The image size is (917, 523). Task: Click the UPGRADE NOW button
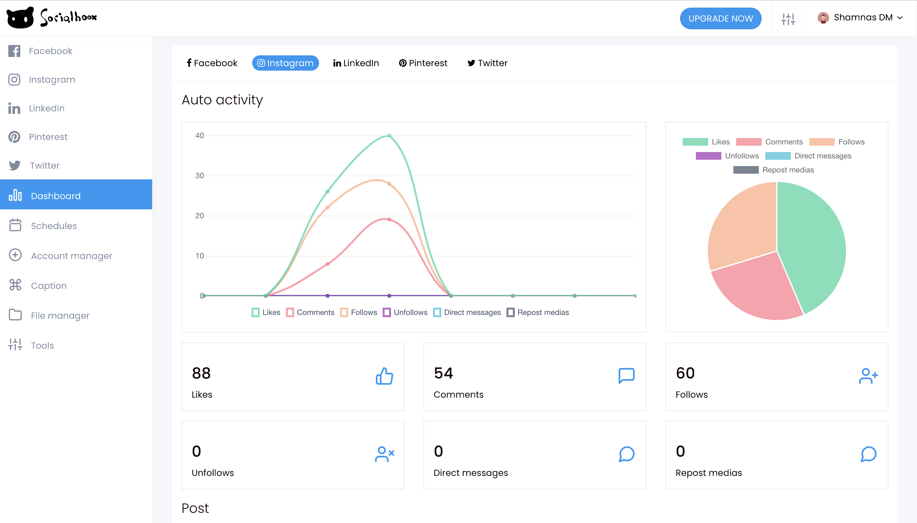click(720, 18)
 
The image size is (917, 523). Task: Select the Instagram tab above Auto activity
click(285, 63)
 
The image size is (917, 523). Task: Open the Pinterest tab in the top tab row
click(423, 63)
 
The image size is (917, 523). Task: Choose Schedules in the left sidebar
click(53, 226)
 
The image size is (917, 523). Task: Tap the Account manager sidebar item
click(71, 256)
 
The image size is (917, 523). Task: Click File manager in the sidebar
click(60, 315)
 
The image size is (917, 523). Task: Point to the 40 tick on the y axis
click(200, 136)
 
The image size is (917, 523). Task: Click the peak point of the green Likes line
click(389, 136)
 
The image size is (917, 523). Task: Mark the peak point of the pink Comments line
click(389, 220)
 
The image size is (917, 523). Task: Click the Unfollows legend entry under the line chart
click(405, 312)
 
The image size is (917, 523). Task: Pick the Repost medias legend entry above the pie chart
click(774, 170)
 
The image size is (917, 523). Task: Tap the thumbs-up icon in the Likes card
click(384, 376)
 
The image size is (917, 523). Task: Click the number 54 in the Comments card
click(443, 373)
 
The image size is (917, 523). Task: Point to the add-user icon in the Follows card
click(868, 376)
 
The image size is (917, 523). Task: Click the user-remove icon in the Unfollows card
click(384, 454)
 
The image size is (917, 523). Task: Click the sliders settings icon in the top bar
click(788, 19)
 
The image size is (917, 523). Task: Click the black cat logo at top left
click(20, 17)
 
